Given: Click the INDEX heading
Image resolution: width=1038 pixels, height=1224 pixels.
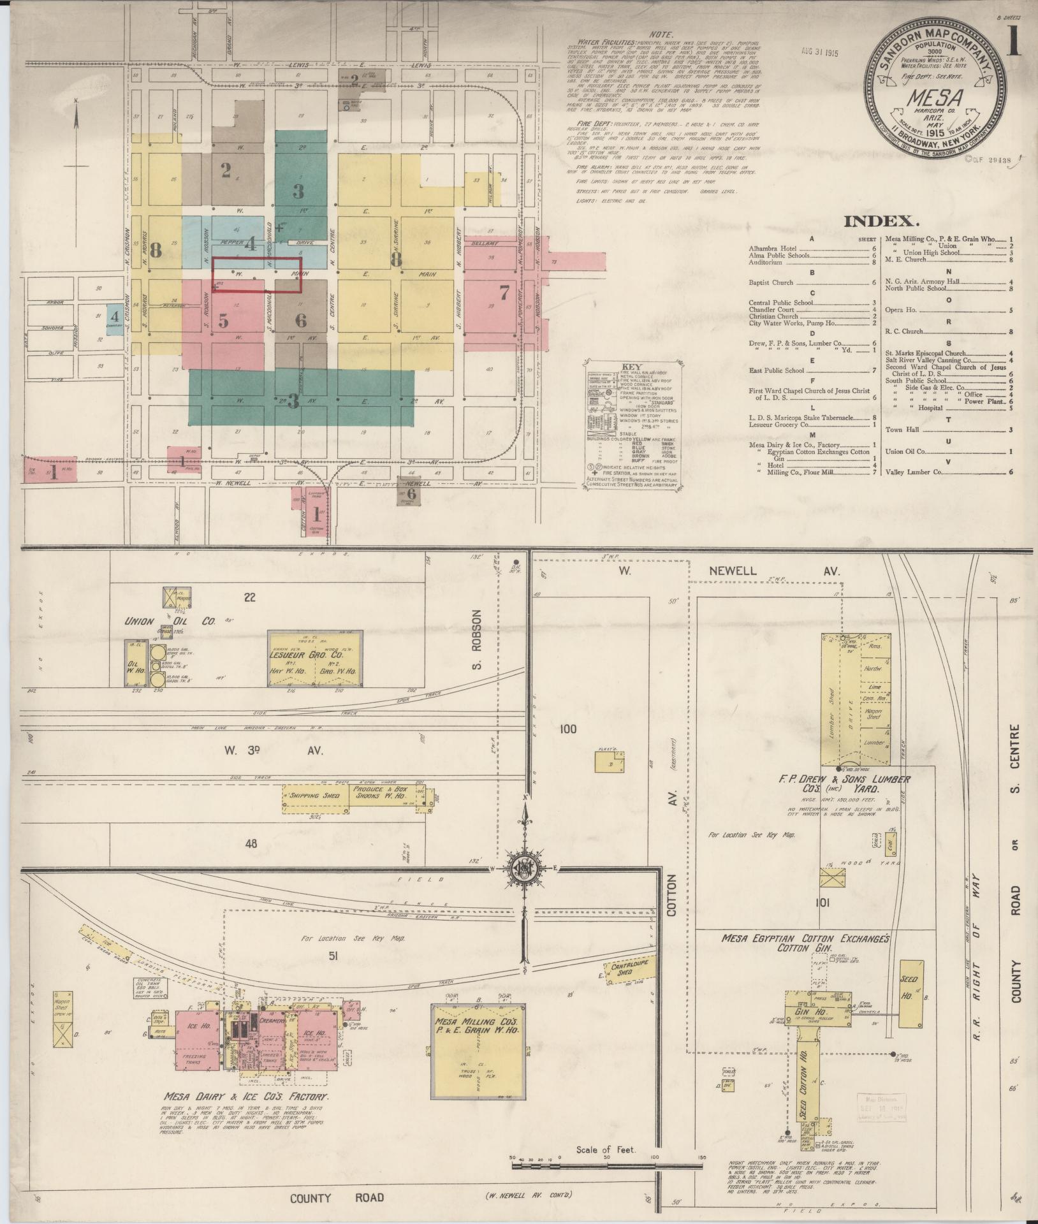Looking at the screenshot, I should click(x=882, y=221).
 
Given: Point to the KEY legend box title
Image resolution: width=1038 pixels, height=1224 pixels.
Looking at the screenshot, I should click(x=631, y=368).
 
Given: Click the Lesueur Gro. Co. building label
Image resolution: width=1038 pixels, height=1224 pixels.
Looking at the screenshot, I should click(x=315, y=654).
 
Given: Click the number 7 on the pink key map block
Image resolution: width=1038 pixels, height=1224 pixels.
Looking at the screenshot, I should click(x=504, y=293).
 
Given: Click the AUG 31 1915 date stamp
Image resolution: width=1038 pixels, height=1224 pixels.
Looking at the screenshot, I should click(x=817, y=54).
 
